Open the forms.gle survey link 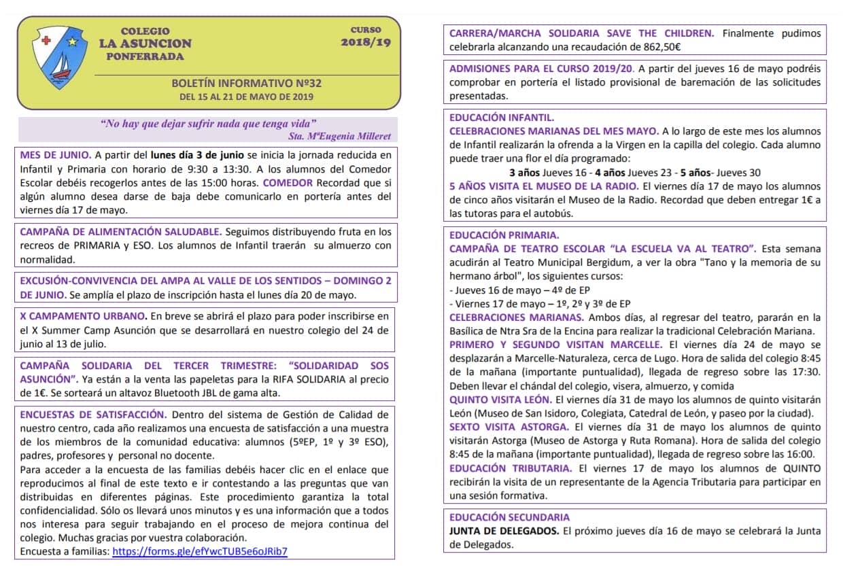click(x=199, y=551)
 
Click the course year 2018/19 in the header click(x=365, y=42)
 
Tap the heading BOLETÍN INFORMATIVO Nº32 click(x=247, y=84)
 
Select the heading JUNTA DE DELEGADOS click(x=504, y=531)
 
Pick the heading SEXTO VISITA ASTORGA click(x=509, y=427)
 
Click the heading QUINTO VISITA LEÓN click(x=500, y=400)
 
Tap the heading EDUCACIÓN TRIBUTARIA click(x=511, y=468)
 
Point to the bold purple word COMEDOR click(x=288, y=182)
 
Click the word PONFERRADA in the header click(x=145, y=56)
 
